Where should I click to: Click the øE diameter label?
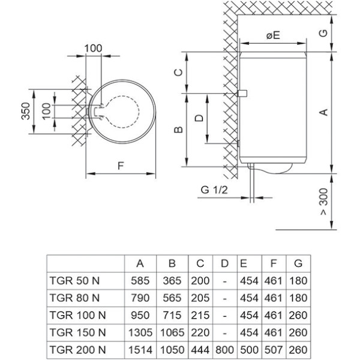point(273,35)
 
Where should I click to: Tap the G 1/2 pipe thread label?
point(214,190)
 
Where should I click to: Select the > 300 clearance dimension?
point(324,202)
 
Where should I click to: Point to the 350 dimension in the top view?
point(26,111)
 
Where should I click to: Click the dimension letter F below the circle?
point(121,166)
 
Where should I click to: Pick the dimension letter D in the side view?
point(199,118)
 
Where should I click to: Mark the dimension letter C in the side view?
point(178,73)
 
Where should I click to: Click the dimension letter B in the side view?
point(178,130)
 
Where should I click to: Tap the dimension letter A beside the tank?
point(324,112)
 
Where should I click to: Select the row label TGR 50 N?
point(74,281)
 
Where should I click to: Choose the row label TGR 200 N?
point(77,350)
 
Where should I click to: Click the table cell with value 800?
point(224,350)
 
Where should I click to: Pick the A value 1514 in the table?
point(140,350)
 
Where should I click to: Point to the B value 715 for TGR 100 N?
point(172,315)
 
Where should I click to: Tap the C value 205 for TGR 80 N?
point(200,298)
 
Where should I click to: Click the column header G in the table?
point(298,263)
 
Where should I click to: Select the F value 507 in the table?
point(273,350)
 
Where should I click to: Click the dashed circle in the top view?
point(139,112)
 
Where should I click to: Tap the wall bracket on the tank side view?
point(242,94)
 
